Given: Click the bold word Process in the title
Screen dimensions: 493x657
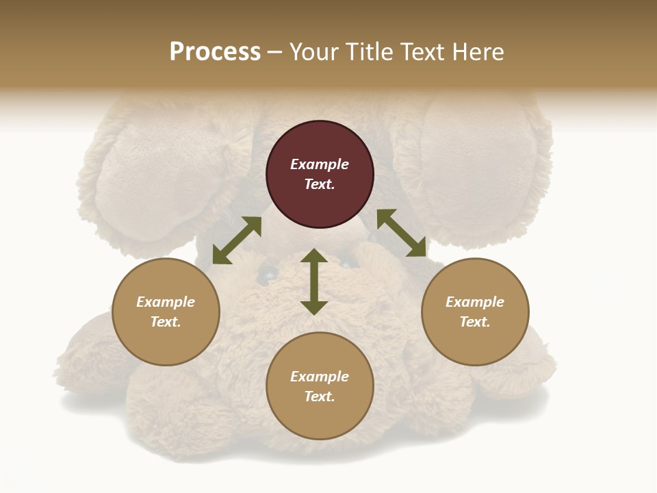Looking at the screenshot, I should (x=215, y=52).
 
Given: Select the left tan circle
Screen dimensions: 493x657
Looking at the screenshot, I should (x=166, y=312).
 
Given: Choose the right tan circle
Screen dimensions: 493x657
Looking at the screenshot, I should (x=475, y=312).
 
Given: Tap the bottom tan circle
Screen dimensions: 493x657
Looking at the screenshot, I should (x=320, y=386).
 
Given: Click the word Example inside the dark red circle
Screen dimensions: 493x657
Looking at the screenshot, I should (x=320, y=164).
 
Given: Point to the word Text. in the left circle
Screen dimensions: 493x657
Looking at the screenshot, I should (x=166, y=322).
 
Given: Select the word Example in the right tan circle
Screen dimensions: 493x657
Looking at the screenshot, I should (x=475, y=302).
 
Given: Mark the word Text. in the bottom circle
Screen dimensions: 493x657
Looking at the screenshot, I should (x=320, y=396).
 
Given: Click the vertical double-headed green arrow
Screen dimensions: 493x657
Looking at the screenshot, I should (x=314, y=281).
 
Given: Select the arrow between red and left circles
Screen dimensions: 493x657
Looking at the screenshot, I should (x=237, y=240).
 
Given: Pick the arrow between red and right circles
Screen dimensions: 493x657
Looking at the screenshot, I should (x=402, y=233).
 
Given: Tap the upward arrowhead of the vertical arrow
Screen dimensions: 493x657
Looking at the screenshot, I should (x=314, y=255).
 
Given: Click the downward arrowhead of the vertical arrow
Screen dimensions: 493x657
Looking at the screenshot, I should (x=314, y=307).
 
